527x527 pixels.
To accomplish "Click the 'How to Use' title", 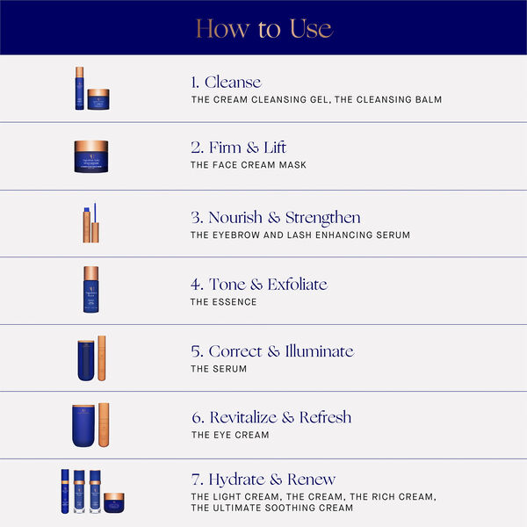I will (263, 28).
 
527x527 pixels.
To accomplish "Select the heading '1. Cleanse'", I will (226, 82).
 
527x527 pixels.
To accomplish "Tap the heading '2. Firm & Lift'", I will (238, 148).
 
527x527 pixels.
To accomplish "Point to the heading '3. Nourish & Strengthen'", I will (275, 217).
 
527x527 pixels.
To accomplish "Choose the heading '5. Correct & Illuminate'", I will (271, 351).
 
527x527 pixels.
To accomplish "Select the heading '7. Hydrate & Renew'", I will (263, 480).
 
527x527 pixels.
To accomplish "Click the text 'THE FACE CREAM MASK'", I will (249, 165).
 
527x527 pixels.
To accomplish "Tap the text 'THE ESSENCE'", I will (223, 302).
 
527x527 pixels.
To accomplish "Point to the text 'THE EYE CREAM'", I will (230, 435).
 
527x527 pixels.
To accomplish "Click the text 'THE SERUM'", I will (219, 369).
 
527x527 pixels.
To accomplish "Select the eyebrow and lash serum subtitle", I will (300, 235).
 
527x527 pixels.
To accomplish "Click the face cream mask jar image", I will (91, 156).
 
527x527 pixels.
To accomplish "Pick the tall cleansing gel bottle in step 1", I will (79, 88).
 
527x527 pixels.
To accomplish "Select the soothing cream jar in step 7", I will (114, 502).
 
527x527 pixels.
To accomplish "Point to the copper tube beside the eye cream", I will (105, 425).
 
